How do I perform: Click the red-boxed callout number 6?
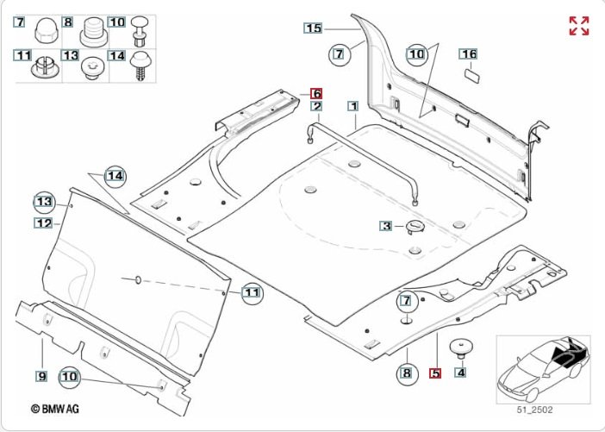click(316, 94)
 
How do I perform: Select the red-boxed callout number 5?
click(435, 373)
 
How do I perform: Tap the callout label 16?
click(468, 54)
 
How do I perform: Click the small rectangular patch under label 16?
click(471, 75)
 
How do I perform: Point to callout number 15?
click(313, 28)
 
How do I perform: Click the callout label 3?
click(386, 226)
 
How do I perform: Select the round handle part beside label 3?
click(415, 226)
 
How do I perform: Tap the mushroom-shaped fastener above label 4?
click(461, 349)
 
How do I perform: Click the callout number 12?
click(43, 223)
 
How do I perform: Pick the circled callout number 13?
click(44, 202)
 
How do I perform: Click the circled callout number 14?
click(115, 177)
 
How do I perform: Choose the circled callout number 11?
click(253, 293)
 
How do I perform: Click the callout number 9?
click(41, 376)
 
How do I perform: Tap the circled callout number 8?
click(407, 373)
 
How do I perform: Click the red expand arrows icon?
click(579, 26)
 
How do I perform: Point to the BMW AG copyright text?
click(55, 409)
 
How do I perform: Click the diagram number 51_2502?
click(535, 410)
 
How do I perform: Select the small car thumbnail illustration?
click(543, 369)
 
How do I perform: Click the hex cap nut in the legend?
click(47, 30)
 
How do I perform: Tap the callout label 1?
click(353, 106)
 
